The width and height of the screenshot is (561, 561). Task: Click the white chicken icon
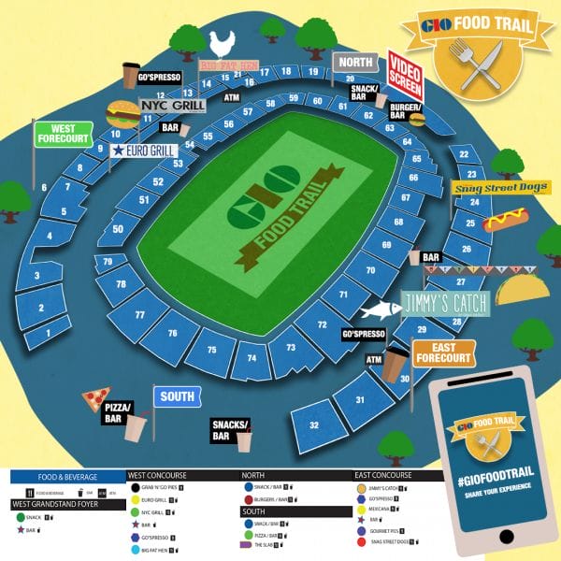(x=223, y=42)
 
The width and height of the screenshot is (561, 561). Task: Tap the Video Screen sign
(x=406, y=75)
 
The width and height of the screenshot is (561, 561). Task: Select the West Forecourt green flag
(x=64, y=134)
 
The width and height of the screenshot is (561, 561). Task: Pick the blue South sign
(x=176, y=396)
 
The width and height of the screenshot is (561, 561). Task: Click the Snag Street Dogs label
(x=499, y=187)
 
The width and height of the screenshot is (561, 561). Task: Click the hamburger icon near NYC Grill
(x=122, y=114)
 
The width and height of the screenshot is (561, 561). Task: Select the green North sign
(x=355, y=63)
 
